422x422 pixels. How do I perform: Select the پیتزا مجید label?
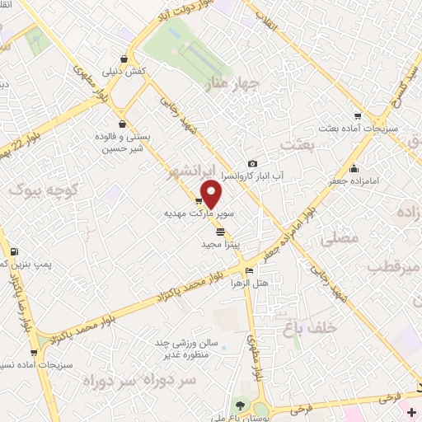click(x=221, y=245)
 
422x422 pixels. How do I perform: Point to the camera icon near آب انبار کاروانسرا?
click(x=252, y=164)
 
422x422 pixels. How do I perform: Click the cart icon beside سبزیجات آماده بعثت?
click(x=357, y=116)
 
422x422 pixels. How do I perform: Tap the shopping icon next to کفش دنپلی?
click(x=124, y=59)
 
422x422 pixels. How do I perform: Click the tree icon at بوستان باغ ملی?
click(x=240, y=404)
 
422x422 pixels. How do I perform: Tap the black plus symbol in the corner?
click(x=411, y=411)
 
